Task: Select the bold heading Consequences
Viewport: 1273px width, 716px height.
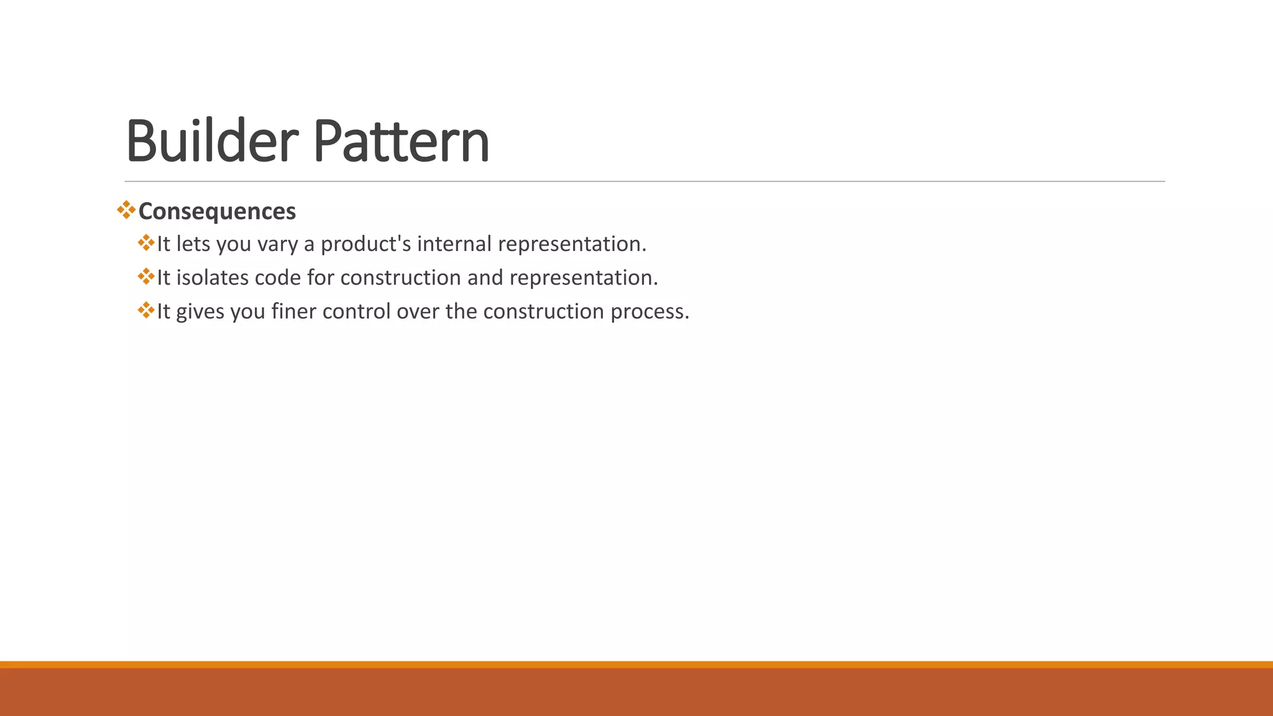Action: point(217,211)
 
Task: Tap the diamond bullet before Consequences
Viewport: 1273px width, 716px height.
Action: point(126,209)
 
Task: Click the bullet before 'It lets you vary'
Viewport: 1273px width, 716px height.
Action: point(146,242)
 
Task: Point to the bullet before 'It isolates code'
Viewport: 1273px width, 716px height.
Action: point(146,276)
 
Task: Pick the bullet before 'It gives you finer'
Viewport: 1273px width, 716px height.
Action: point(146,310)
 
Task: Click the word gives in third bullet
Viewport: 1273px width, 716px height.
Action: point(200,311)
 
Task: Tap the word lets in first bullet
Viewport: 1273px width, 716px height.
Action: point(193,244)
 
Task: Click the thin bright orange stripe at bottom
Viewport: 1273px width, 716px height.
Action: point(636,664)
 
